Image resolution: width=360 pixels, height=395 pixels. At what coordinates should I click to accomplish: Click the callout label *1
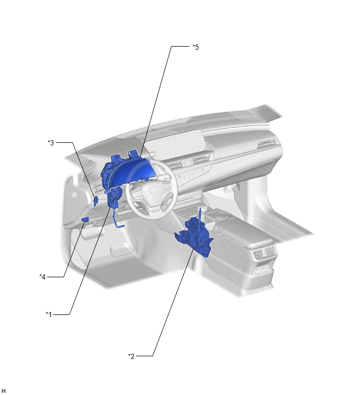49,314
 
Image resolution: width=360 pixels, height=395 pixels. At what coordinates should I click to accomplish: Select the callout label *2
131,356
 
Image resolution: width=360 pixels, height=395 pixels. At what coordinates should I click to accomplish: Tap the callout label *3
51,143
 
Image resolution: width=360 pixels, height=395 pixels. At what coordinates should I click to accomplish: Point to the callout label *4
42,277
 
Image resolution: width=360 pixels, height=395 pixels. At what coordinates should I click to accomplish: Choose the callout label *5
196,47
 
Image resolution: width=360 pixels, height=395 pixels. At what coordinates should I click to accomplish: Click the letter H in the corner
4,391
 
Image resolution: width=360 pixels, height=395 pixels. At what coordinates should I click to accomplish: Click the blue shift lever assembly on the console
195,235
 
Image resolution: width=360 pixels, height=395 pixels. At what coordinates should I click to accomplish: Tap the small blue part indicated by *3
96,201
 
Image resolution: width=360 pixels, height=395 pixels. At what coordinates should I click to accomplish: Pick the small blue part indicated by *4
85,219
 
